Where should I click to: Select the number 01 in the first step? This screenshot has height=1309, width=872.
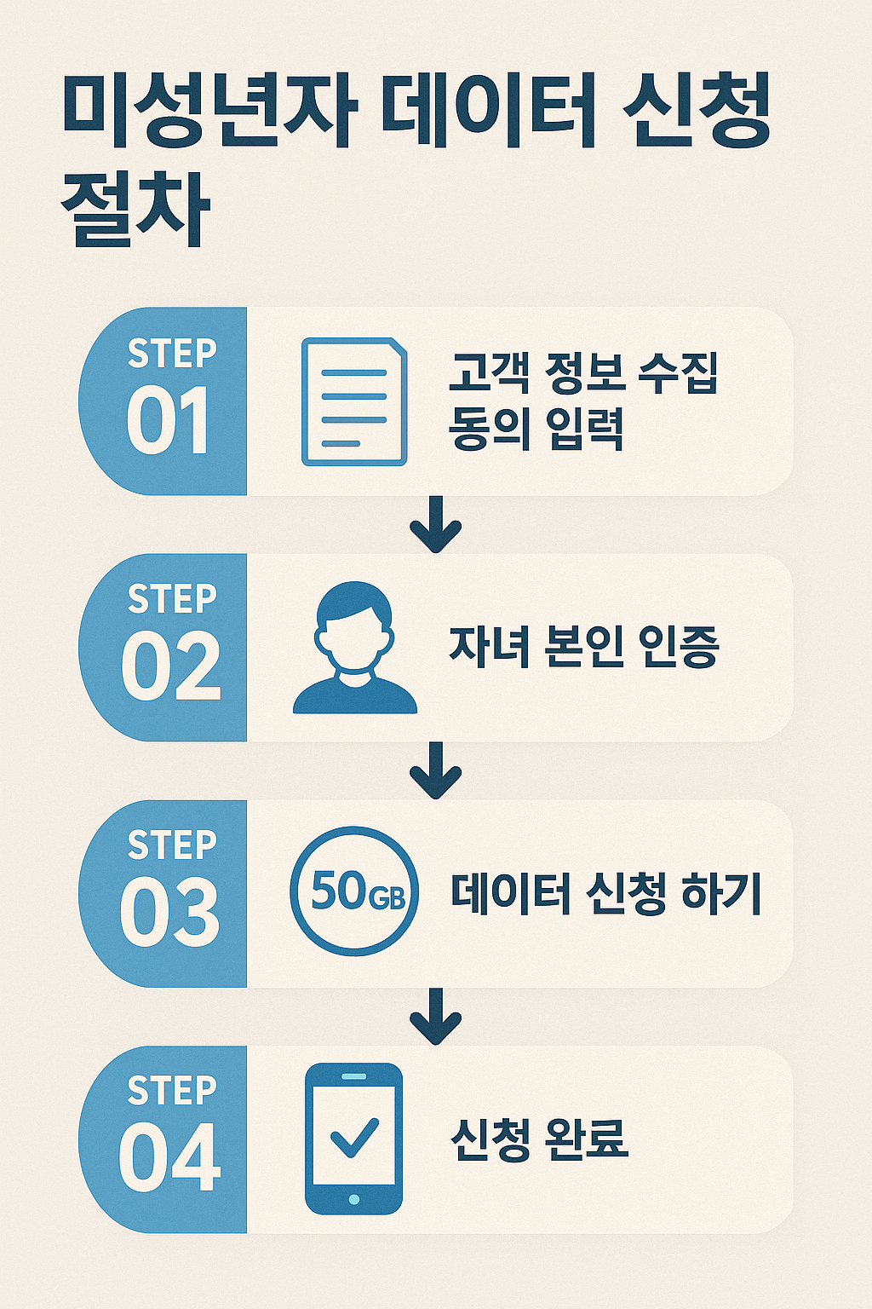pos(168,421)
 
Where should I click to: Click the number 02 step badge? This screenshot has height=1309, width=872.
pos(170,666)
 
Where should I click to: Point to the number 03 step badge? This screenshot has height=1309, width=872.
pos(169,912)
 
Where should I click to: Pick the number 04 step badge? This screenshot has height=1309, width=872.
pos(169,1158)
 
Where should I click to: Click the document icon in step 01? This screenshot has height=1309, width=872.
pos(354,401)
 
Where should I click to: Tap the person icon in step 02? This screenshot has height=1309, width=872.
pos(354,648)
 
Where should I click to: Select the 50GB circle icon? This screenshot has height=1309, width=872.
pos(354,891)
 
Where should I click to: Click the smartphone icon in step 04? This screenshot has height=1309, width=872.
pos(353,1139)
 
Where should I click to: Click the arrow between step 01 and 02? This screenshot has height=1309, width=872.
pos(435,523)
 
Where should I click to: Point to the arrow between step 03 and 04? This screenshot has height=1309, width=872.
pos(435,1016)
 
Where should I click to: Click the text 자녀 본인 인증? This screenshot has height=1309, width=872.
pos(584,648)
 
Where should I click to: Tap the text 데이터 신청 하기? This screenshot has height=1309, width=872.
pos(605,893)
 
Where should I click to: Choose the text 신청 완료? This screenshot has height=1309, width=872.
pos(539,1139)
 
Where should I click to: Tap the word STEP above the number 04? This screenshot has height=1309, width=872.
pos(172,1090)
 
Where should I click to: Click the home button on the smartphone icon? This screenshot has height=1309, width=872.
pos(354,1199)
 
